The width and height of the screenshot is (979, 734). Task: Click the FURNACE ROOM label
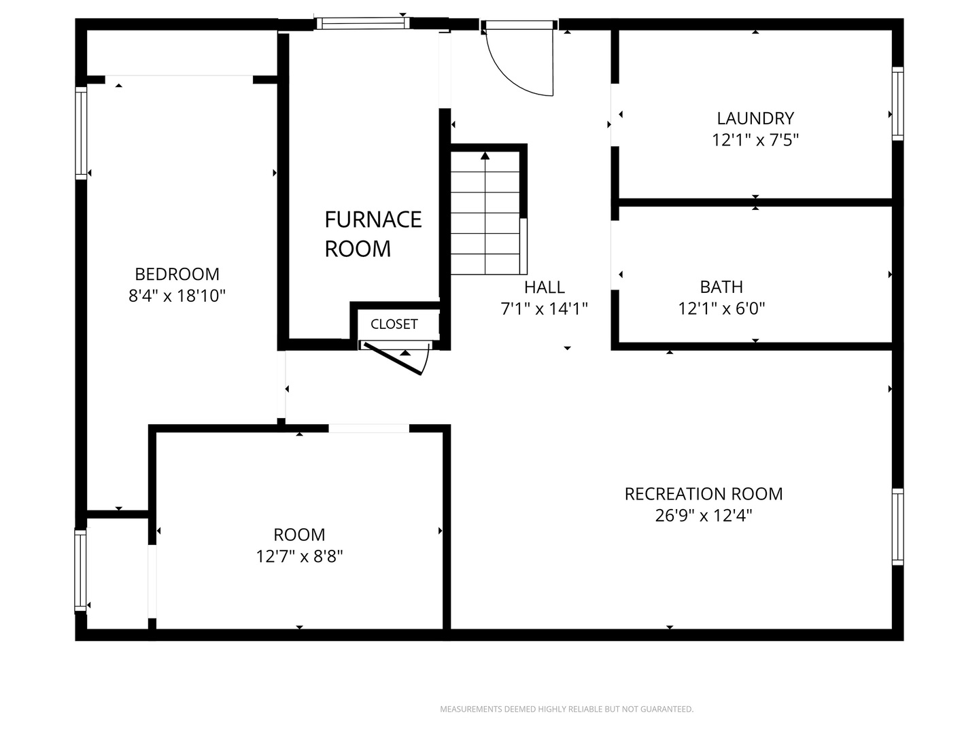coord(373,234)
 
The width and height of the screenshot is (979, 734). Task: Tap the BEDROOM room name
coord(177,274)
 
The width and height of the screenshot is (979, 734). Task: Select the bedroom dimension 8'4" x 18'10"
coord(177,296)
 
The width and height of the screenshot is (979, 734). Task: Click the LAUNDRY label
coord(755,118)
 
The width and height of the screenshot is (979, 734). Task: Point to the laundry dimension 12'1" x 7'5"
coord(755,141)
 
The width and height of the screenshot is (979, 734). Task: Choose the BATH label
coord(721,287)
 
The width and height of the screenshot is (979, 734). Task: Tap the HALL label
coord(544,287)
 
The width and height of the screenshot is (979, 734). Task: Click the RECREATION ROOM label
coord(704,494)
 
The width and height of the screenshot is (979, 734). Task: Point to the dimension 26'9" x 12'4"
coord(704,516)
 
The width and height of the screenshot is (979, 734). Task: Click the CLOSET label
coord(394,324)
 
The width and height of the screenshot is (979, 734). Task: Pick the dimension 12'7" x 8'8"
coord(299,557)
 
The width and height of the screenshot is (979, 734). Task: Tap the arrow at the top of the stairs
coord(485,156)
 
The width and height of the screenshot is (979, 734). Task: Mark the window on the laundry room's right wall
coord(898,104)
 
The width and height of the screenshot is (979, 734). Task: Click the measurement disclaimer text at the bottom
coord(566,710)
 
